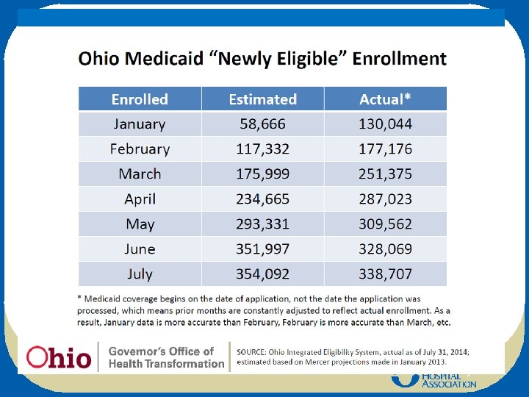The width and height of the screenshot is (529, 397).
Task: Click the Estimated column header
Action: tap(262, 99)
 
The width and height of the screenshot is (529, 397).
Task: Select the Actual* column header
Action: tap(385, 99)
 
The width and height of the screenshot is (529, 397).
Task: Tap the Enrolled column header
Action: tap(140, 99)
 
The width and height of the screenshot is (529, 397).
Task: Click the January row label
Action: tap(140, 124)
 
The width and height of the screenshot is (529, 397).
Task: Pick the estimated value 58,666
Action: tap(262, 124)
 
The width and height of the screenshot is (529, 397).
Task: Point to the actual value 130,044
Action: tap(385, 124)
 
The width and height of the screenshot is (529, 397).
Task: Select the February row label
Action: tap(140, 149)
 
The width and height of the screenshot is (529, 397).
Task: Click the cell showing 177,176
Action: tap(385, 149)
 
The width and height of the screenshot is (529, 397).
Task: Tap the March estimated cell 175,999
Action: tap(262, 174)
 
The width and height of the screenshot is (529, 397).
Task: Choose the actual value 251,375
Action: tap(385, 174)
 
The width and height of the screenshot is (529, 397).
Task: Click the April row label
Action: tap(140, 199)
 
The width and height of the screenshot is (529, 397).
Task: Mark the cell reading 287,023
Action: tap(385, 199)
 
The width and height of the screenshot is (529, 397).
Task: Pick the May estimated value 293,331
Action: tap(262, 224)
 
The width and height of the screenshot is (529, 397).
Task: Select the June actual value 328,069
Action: tap(385, 249)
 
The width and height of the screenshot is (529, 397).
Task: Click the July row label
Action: tap(140, 274)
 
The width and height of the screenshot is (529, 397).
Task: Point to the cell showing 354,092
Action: tap(262, 274)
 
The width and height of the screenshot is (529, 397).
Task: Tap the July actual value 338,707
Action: tap(385, 274)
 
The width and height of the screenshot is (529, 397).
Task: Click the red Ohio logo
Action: tap(59, 357)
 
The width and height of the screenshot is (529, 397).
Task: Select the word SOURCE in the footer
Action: tap(254, 352)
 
